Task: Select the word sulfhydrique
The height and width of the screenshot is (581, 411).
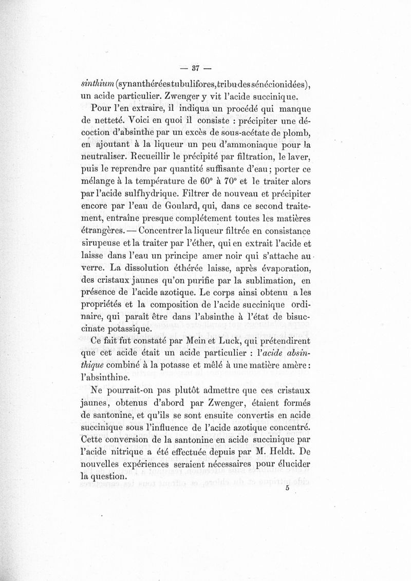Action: [156, 195]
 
